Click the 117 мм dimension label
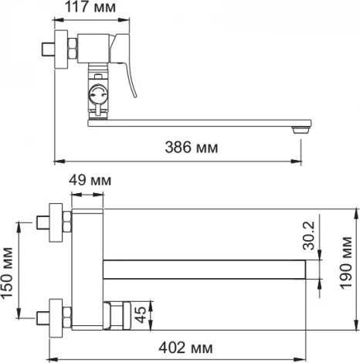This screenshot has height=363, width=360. [x=90, y=7]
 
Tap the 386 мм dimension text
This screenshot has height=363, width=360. [x=192, y=148]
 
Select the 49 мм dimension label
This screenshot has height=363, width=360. [x=90, y=180]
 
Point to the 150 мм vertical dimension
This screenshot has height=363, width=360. [x=7, y=273]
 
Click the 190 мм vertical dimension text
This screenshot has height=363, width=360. [x=345, y=263]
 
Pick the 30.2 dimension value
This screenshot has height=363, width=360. [x=309, y=236]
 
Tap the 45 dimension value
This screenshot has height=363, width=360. [x=141, y=314]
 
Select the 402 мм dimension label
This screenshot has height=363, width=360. [x=185, y=348]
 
